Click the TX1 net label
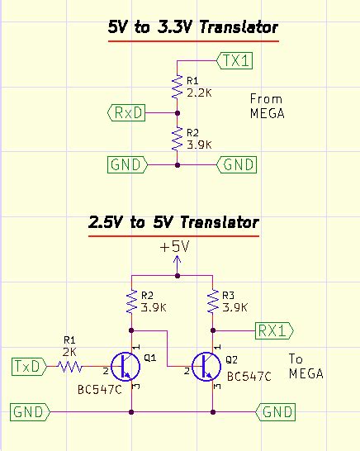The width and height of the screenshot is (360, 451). pyautogui.click(x=234, y=60)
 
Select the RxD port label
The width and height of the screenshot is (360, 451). pyautogui.click(x=126, y=112)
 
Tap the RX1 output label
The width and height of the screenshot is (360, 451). pyautogui.click(x=274, y=330)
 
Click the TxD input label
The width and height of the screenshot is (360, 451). pyautogui.click(x=29, y=367)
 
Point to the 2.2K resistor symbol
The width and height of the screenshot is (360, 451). pyautogui.click(x=178, y=86)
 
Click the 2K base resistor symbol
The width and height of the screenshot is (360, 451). pyautogui.click(x=70, y=367)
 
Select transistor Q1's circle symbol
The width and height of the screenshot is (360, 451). pyautogui.click(x=126, y=367)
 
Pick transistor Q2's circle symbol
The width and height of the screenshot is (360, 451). pyautogui.click(x=206, y=367)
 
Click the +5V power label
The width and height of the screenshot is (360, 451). pyautogui.click(x=175, y=247)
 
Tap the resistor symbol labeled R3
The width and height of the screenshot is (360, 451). pyautogui.click(x=213, y=301)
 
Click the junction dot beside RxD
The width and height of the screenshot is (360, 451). pyautogui.click(x=178, y=113)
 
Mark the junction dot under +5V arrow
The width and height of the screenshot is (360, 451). pyautogui.click(x=178, y=276)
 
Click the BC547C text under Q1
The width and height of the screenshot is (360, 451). pyautogui.click(x=100, y=390)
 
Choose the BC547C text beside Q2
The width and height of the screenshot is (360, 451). pyautogui.click(x=249, y=377)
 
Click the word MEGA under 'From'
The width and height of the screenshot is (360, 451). pyautogui.click(x=268, y=113)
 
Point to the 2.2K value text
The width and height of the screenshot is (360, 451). pyautogui.click(x=199, y=93)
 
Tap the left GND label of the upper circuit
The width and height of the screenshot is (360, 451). pyautogui.click(x=128, y=165)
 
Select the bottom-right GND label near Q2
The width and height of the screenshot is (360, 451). pyautogui.click(x=275, y=412)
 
